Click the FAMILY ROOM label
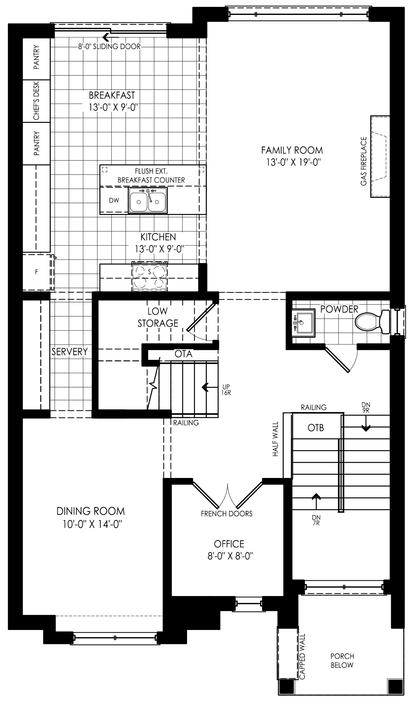(292, 150)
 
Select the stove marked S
(149, 276)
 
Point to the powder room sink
(303, 322)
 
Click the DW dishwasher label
(114, 200)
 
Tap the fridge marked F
(37, 272)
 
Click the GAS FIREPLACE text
(364, 161)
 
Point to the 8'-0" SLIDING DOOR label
(109, 47)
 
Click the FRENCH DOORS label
(227, 514)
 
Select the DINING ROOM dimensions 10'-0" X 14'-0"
(90, 524)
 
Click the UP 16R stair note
(225, 390)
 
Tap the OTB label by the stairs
(316, 428)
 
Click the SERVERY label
(70, 352)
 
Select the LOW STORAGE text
(158, 317)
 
